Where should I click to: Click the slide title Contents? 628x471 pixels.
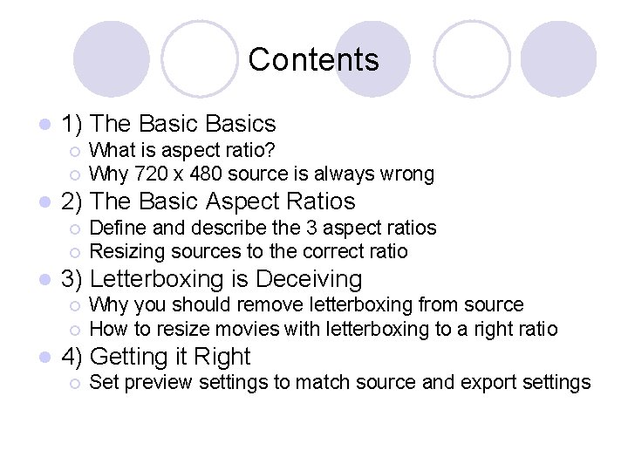(313, 59)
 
